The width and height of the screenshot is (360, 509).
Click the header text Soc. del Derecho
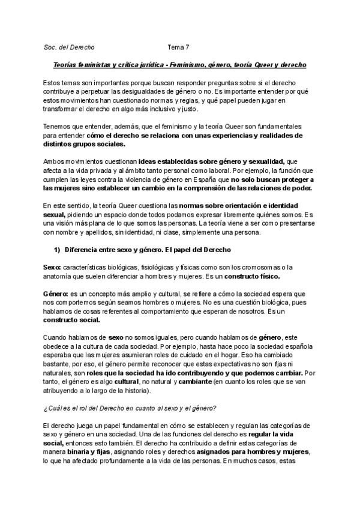point(69,47)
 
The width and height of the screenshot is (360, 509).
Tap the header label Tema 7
point(178,47)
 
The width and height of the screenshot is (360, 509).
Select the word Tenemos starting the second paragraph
point(59,127)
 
